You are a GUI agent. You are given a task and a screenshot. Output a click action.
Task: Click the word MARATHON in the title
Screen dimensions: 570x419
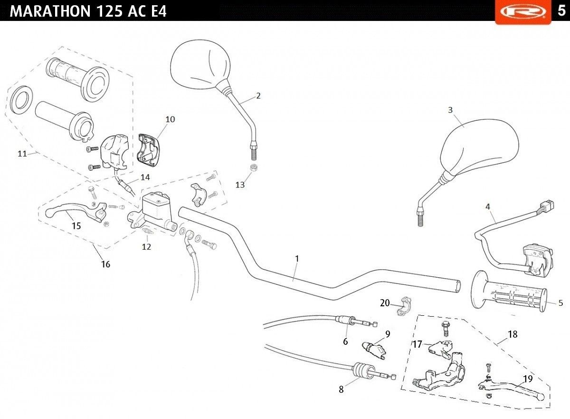[50, 11]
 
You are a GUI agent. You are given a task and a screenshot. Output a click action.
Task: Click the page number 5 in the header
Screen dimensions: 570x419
[561, 10]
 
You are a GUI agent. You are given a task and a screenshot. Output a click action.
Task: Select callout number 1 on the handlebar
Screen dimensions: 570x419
[297, 259]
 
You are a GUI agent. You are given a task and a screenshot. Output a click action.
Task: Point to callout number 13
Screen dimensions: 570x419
[240, 185]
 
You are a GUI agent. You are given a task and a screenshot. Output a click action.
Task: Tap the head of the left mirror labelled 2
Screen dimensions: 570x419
[200, 64]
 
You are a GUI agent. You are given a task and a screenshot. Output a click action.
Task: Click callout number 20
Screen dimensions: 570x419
[385, 303]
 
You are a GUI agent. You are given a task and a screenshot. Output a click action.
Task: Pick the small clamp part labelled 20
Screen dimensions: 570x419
[405, 305]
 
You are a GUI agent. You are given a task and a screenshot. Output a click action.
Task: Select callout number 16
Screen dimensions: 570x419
[105, 264]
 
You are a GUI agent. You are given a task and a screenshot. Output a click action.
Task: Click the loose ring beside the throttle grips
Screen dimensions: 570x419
[22, 100]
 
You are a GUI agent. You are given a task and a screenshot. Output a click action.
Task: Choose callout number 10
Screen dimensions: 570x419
[170, 119]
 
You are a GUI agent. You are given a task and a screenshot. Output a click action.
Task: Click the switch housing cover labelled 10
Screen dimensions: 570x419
[149, 150]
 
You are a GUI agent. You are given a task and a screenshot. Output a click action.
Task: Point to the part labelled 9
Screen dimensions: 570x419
[373, 350]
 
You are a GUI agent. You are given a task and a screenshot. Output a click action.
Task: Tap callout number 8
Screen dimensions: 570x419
[341, 389]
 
